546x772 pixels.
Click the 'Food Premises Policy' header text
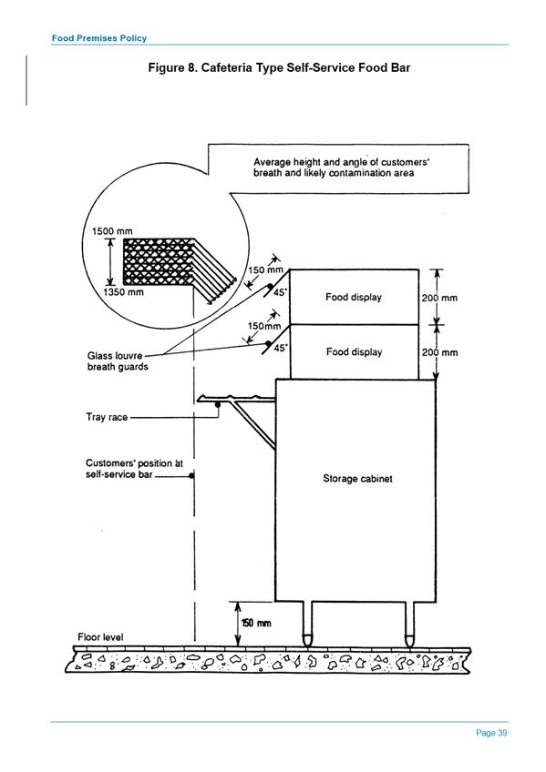click(x=99, y=38)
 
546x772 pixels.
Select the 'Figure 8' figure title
click(x=279, y=67)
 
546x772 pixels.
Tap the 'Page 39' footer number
click(x=491, y=733)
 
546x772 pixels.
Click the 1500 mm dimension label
click(x=112, y=231)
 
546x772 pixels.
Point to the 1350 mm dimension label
click(x=123, y=292)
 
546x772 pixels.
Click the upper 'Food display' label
click(x=354, y=297)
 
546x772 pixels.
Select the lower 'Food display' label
click(x=354, y=351)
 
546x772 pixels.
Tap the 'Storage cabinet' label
click(x=357, y=478)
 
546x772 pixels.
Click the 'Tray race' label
click(x=107, y=417)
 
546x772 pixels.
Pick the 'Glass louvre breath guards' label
click(x=118, y=361)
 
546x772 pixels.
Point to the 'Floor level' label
click(x=100, y=637)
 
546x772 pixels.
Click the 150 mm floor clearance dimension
click(x=256, y=624)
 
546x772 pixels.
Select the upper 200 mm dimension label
click(x=439, y=298)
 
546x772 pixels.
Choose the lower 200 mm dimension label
click(x=439, y=352)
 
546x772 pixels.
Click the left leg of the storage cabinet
click(x=307, y=624)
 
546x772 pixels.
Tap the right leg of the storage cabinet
click(x=409, y=624)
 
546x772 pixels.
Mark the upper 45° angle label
click(x=280, y=292)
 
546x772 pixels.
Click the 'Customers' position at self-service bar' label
click(x=134, y=469)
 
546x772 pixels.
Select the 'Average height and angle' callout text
click(x=341, y=167)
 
